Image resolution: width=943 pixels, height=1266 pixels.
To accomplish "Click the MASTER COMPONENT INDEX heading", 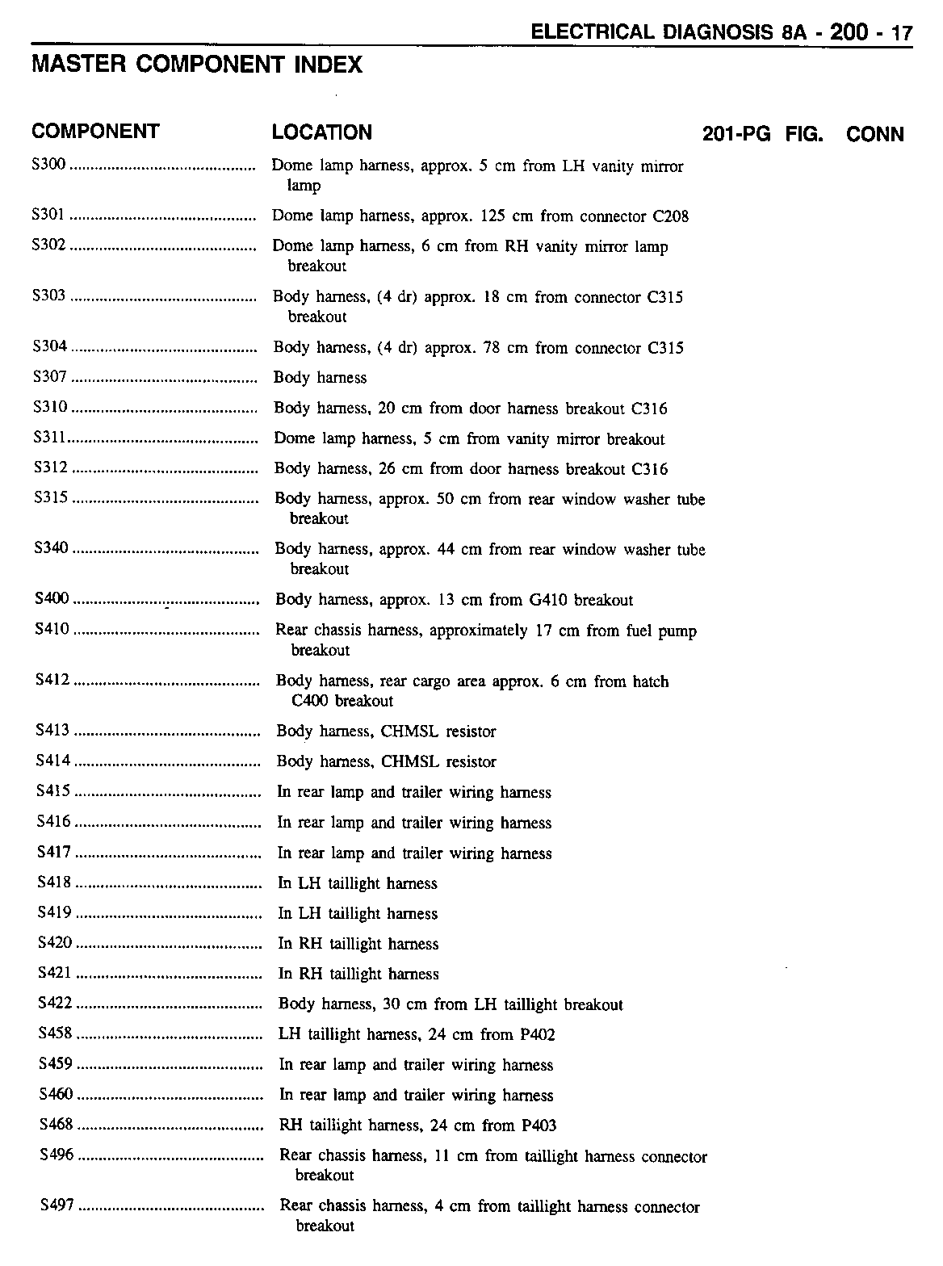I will coord(197,65).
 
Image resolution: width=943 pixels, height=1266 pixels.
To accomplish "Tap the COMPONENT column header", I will coord(95,132).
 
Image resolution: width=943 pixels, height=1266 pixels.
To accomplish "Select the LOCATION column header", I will coord(322,132).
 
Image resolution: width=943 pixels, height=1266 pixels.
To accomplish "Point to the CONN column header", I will coord(875,134).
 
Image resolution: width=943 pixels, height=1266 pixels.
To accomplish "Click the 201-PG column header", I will coord(737,134).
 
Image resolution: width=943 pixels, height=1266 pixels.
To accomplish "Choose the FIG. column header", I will coord(804,134).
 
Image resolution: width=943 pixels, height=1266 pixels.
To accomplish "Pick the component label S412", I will coord(53,681).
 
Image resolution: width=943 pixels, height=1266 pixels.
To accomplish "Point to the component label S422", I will coord(55,1004).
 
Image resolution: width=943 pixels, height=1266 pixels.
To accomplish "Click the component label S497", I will coord(57,1205).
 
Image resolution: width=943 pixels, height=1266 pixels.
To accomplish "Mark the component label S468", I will coord(56,1125).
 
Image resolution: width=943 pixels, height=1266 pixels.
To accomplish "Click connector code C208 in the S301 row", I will coord(668,216).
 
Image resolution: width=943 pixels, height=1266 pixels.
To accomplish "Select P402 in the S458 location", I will coord(537,1034).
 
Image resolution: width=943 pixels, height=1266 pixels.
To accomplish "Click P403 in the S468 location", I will coord(539,1125).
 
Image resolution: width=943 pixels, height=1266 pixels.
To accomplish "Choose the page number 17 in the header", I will coord(901,33).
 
